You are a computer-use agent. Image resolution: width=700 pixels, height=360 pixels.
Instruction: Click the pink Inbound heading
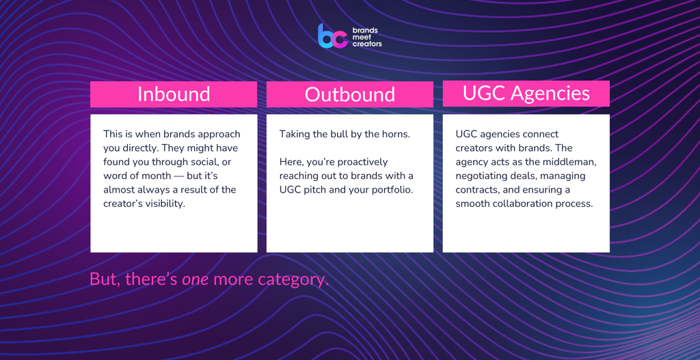174,94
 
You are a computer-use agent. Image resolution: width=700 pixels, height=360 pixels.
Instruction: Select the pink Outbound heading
349,94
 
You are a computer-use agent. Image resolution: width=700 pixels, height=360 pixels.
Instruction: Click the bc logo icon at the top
333,36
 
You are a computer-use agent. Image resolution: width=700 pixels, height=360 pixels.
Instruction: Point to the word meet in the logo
362,37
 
